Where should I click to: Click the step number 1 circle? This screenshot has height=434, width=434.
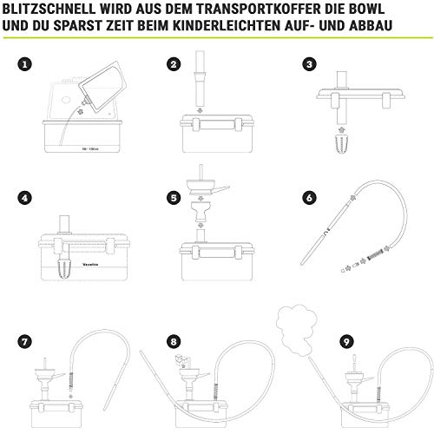tap(26, 65)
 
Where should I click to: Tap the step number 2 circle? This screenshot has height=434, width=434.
tap(174, 65)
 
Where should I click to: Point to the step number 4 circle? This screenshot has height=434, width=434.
tap(26, 198)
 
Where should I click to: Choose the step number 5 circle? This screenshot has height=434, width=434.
tap(174, 198)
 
